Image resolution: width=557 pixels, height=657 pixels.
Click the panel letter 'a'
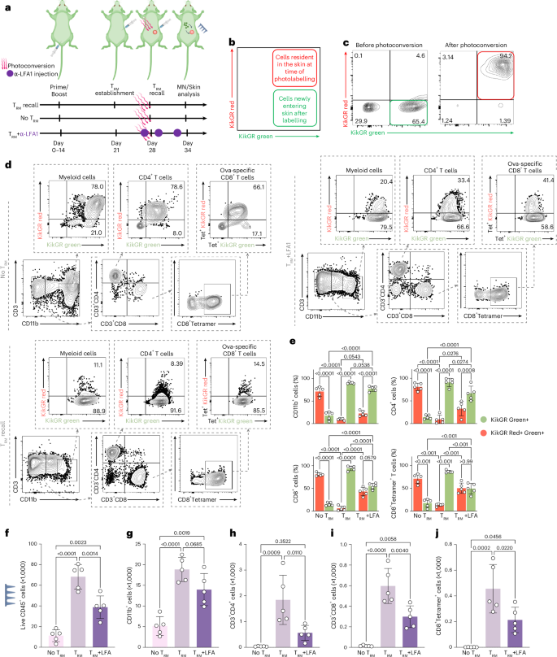pos(6,7)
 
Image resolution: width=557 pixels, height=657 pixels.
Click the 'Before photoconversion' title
pos(381,41)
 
